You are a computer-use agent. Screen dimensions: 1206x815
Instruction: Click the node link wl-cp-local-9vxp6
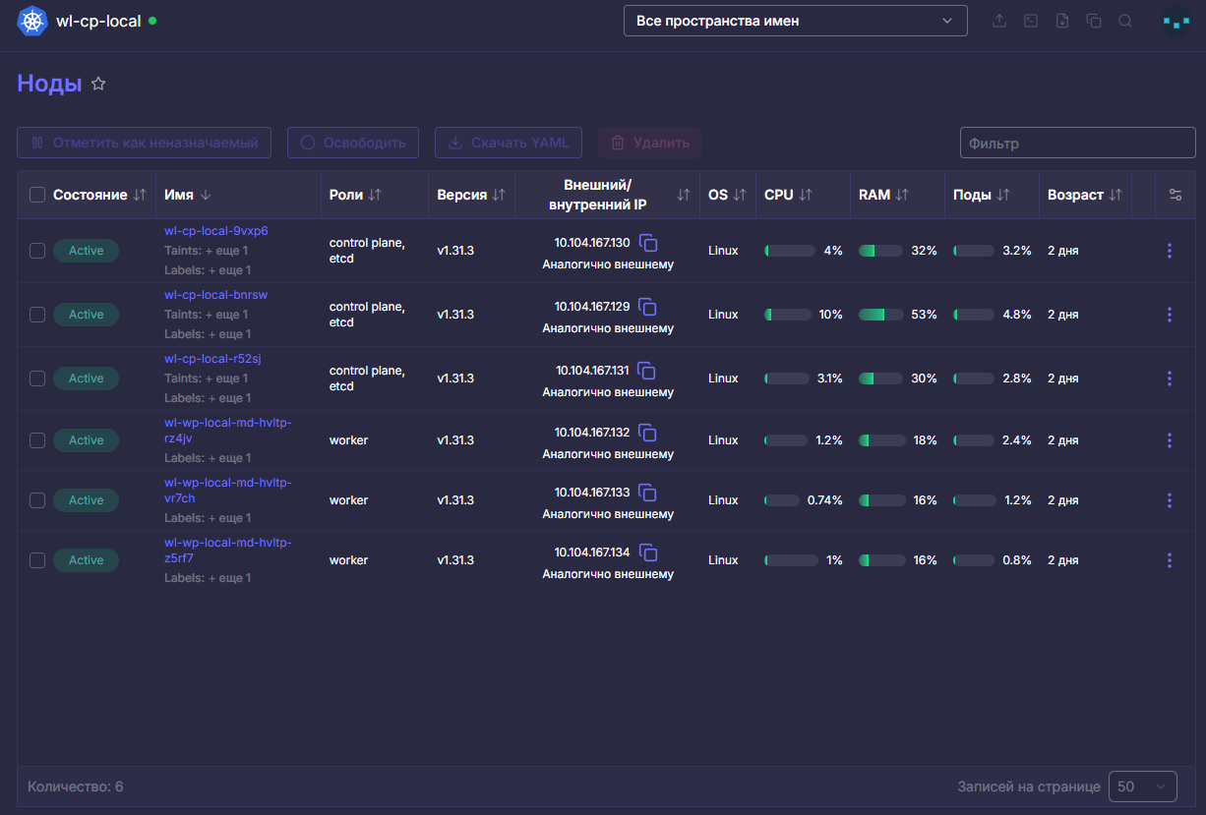point(215,231)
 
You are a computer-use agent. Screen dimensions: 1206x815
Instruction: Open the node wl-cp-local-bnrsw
point(215,295)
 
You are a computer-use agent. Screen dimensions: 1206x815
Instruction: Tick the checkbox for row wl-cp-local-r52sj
point(37,378)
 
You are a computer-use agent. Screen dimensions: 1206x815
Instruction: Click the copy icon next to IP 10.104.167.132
point(647,433)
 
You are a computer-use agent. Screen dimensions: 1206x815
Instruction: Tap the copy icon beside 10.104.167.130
point(648,243)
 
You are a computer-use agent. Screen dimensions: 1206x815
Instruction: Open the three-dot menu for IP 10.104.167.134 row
point(1170,560)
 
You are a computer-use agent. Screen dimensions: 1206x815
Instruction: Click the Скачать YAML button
point(509,143)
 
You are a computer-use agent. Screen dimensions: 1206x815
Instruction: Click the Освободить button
point(352,143)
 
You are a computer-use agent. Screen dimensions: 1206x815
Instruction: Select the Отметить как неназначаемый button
point(144,143)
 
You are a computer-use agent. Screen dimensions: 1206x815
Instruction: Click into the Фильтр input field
point(1077,144)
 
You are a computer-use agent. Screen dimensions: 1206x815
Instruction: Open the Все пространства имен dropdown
point(795,21)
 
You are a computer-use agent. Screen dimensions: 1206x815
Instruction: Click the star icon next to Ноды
point(98,84)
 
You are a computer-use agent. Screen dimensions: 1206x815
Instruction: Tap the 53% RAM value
point(924,315)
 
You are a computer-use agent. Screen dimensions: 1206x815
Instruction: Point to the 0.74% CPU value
point(824,500)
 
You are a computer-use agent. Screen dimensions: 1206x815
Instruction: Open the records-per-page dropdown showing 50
point(1142,786)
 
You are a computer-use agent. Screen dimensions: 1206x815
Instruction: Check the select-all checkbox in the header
point(37,195)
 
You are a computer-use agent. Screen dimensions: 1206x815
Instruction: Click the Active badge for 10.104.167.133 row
point(87,500)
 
